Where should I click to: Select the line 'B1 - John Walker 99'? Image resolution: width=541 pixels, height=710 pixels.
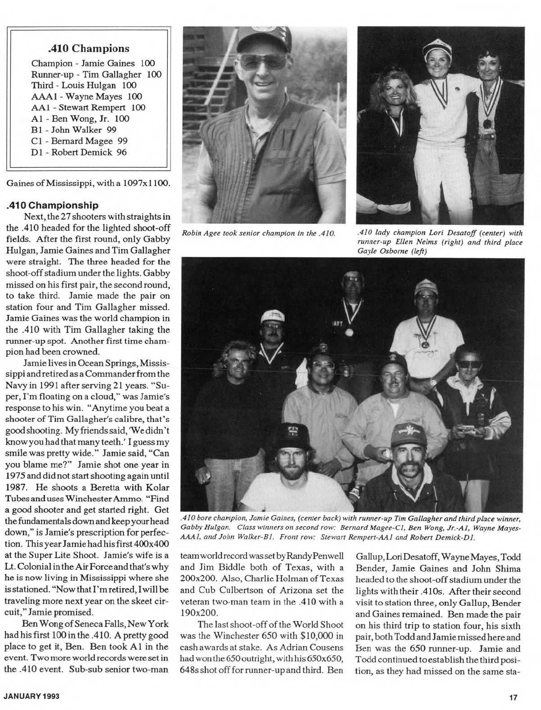point(74,130)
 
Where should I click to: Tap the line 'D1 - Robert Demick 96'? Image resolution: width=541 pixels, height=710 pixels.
point(79,152)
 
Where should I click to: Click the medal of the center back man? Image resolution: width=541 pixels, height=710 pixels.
point(348,332)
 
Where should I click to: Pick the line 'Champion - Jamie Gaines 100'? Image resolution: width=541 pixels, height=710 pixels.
point(93,63)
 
